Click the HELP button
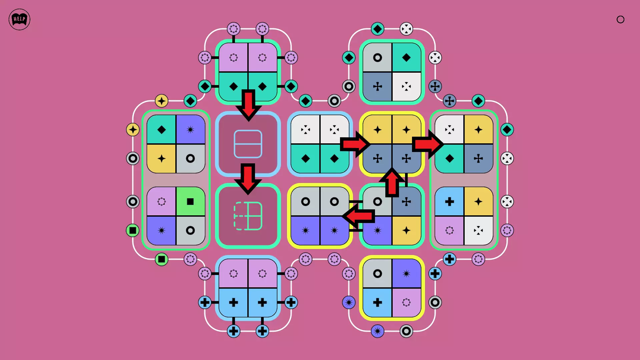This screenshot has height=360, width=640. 19,19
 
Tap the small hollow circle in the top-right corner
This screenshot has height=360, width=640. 620,19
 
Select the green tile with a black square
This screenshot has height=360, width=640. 190,201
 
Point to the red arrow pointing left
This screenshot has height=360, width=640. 359,216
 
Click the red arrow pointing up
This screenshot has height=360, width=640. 392,183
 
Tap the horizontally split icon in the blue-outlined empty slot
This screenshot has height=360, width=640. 248,144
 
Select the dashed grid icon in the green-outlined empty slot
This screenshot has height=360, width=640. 248,216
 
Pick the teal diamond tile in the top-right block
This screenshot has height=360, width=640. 406,58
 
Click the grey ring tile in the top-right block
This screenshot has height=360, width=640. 377,58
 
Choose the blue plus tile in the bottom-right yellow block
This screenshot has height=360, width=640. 377,302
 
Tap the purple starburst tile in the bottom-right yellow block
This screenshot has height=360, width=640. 406,274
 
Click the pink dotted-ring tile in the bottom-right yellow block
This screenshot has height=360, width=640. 406,302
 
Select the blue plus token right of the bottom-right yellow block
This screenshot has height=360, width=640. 435,274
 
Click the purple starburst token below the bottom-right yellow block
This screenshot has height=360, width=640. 377,331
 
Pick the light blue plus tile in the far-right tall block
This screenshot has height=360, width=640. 449,201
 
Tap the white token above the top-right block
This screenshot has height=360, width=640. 406,29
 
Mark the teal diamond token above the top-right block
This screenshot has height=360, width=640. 377,29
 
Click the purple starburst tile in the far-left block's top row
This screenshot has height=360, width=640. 190,129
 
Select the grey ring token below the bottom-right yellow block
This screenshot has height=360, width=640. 406,331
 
